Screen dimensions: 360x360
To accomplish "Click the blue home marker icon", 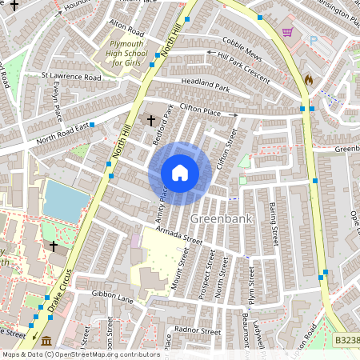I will (180, 173).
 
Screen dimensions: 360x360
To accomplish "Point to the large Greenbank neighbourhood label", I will (216, 218).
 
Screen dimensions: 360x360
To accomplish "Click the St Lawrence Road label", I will (72, 78).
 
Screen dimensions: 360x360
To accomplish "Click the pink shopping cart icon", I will (287, 32).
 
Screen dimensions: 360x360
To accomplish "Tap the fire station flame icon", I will (308, 80).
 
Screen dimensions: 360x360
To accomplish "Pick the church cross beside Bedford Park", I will (151, 120).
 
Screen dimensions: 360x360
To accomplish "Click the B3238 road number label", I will (346, 341).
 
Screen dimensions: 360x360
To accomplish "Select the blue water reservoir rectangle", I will (65, 201).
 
